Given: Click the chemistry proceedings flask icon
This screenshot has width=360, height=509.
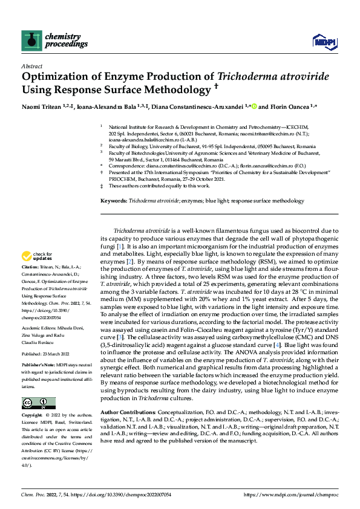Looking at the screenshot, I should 30,40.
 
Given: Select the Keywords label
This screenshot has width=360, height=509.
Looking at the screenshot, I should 113,200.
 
